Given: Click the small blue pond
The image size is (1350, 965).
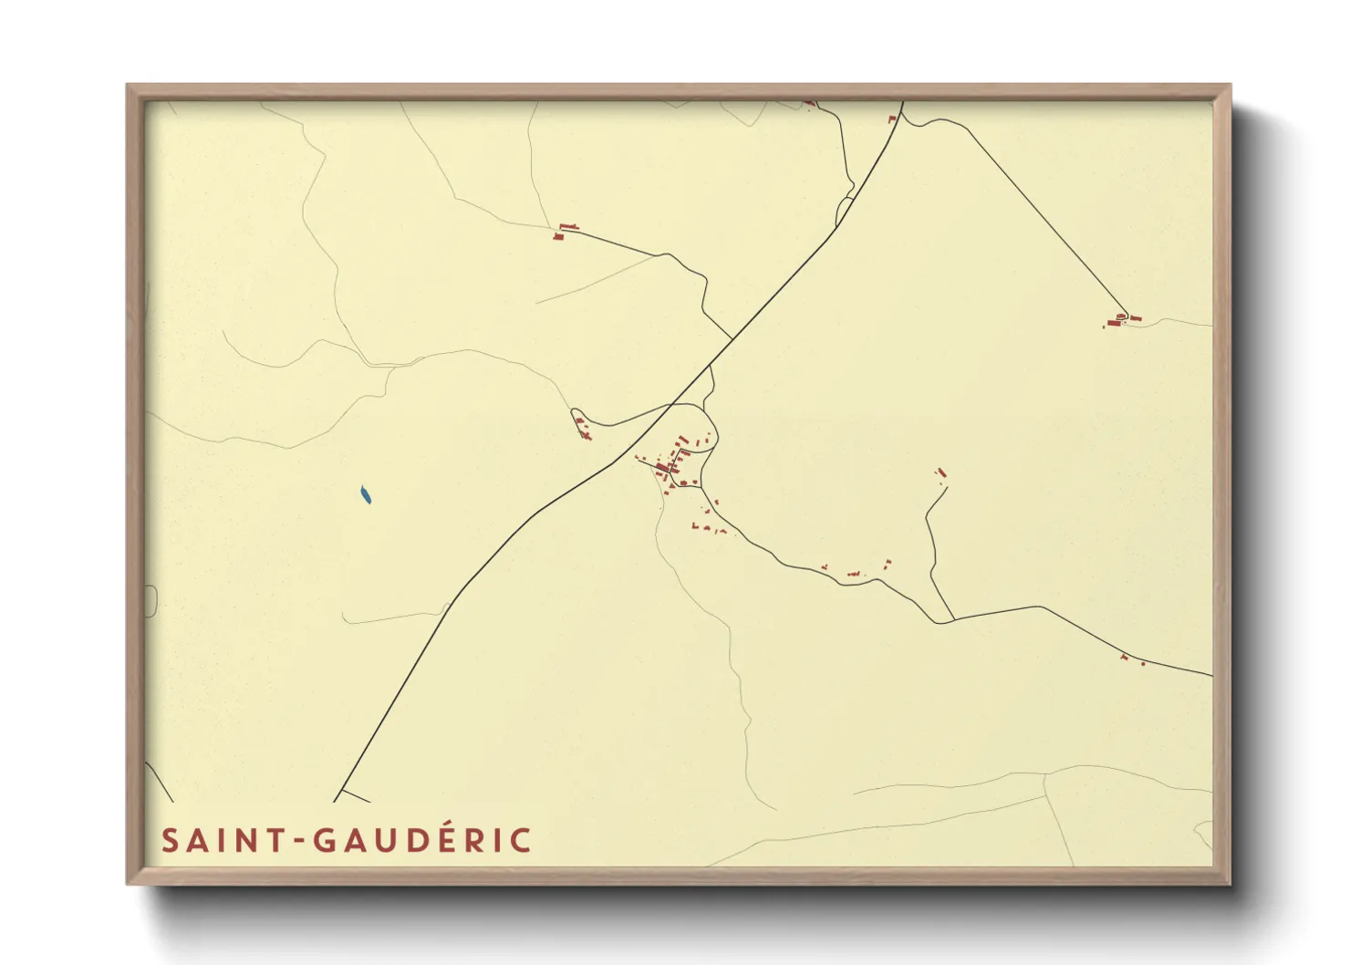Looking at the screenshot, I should [366, 495].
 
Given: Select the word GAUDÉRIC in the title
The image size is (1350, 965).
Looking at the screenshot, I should [423, 840].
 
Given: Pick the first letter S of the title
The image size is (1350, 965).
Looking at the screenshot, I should [170, 841].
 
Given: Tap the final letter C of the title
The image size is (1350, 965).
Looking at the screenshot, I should [521, 841].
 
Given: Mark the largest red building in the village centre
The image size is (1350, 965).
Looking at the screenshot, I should [662, 468].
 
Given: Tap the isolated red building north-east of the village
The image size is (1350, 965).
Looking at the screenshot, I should [940, 472].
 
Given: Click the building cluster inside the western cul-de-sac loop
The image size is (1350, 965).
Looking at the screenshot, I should [582, 426].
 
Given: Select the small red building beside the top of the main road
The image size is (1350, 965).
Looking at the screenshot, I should [892, 119].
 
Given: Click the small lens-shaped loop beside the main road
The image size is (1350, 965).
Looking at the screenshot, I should [845, 212].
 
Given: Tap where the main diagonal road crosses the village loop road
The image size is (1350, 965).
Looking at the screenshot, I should [675, 403].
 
